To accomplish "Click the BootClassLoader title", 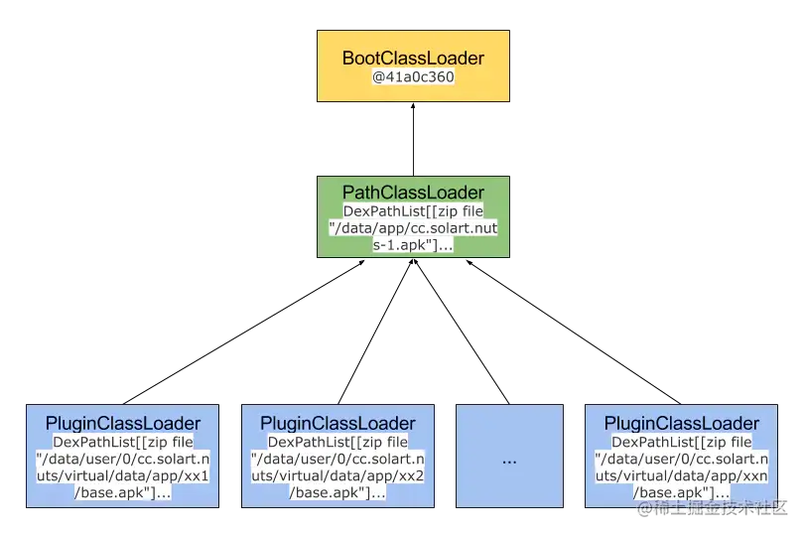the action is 413,58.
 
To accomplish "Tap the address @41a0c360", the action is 413,77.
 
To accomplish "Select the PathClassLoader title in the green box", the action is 413,193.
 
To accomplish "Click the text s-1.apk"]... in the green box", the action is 413,245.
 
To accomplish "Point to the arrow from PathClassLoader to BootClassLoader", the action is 413,139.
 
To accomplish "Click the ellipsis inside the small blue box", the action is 509,462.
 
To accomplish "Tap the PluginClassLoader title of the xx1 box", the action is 123,424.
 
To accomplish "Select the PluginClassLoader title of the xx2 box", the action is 337,424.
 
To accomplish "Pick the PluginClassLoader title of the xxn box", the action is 681,424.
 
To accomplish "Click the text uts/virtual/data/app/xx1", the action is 123,476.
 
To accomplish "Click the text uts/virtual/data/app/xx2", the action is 337,476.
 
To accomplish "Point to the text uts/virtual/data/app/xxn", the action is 681,476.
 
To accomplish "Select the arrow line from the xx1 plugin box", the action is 244,333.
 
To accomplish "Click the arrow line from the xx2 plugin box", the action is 375,332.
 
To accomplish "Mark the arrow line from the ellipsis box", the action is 462,332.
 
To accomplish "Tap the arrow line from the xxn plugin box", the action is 574,333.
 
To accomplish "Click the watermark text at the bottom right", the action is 712,508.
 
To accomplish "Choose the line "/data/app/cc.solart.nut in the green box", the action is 413,228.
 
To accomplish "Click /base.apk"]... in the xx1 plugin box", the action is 123,493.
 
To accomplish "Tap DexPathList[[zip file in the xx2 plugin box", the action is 337,442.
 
